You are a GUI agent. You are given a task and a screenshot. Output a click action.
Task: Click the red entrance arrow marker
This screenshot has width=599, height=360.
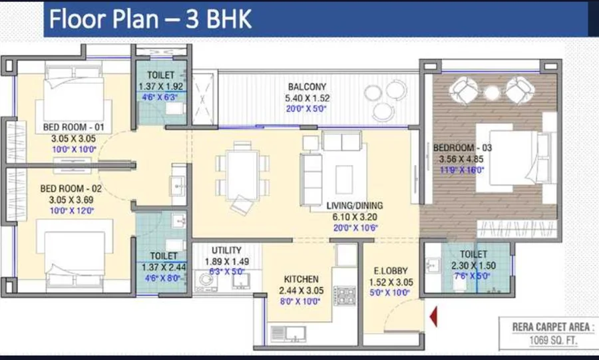[x=433, y=317]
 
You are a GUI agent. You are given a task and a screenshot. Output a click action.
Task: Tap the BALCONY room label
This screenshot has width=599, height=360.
[x=307, y=87]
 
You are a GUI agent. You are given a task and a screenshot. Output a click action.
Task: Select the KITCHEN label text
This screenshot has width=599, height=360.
[x=301, y=279]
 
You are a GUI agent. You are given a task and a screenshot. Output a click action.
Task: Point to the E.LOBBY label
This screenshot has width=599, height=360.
[x=391, y=271]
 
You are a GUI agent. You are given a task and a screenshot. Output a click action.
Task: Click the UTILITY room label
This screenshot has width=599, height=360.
[x=226, y=250]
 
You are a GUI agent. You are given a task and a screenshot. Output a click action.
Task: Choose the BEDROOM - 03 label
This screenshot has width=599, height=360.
[x=463, y=147]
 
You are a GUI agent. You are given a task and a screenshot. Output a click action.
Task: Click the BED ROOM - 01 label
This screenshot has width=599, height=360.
[x=73, y=126]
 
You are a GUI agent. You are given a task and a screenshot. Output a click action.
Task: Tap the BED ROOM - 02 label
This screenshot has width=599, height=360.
[x=71, y=188]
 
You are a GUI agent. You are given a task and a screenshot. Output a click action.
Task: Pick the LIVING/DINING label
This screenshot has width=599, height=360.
[x=355, y=206]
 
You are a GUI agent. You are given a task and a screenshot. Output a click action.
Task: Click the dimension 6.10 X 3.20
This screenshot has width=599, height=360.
[x=355, y=217]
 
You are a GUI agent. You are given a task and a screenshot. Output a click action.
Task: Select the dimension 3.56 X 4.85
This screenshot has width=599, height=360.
[x=461, y=159]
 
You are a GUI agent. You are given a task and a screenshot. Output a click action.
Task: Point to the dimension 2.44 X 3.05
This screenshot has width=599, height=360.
[x=301, y=291]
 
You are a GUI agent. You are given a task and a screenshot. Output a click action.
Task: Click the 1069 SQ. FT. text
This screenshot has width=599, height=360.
[x=553, y=340]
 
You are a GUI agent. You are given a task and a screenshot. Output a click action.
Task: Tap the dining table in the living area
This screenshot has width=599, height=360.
[x=242, y=175]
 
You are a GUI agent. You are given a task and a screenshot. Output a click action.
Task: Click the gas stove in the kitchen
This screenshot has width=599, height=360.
[x=345, y=295]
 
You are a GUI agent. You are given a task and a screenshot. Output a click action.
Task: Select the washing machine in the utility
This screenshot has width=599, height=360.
[x=206, y=282]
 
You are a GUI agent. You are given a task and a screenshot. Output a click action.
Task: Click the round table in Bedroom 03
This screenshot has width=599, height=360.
[x=492, y=92]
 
